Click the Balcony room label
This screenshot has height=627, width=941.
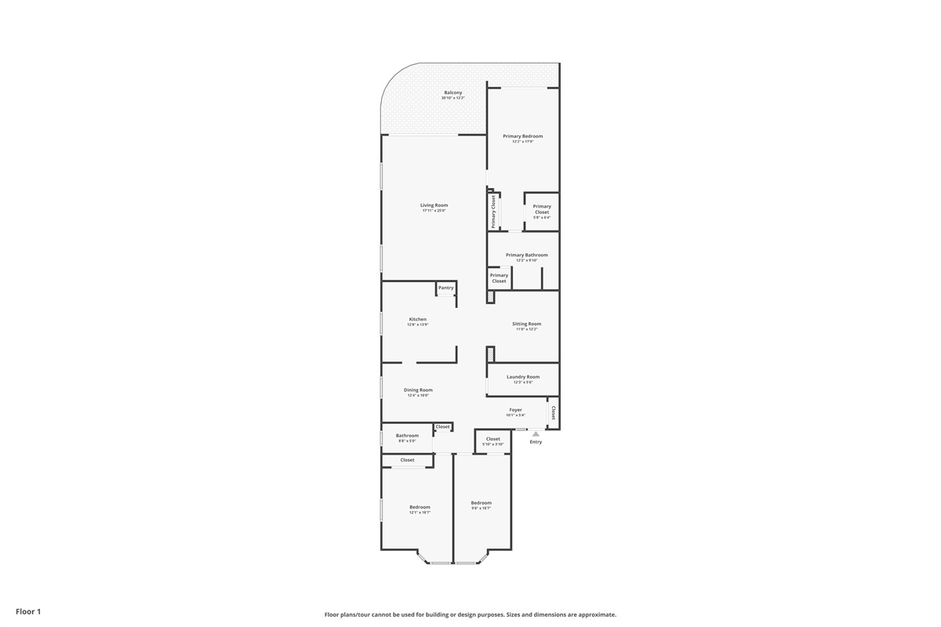(x=452, y=92)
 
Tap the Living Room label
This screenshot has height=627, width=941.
(x=434, y=205)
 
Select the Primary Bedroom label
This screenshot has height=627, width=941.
(x=522, y=136)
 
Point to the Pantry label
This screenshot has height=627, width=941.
(x=445, y=288)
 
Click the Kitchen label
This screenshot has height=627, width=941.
(x=418, y=319)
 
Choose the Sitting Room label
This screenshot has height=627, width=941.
(x=526, y=324)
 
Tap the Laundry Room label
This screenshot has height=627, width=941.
(x=523, y=377)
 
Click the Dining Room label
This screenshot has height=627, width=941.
(x=418, y=390)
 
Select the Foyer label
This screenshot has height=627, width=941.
(x=515, y=410)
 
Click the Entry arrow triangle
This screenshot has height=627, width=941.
(x=536, y=433)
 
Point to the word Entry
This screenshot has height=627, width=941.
(x=536, y=442)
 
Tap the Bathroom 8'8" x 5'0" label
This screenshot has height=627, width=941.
(x=407, y=436)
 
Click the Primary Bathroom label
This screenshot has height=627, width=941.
(x=526, y=255)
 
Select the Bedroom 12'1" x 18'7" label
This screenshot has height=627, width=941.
(x=420, y=507)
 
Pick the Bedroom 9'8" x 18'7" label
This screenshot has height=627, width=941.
(x=481, y=503)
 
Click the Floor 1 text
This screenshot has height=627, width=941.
(x=27, y=611)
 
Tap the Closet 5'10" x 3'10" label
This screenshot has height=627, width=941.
(x=492, y=440)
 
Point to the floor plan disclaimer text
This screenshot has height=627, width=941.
(x=470, y=614)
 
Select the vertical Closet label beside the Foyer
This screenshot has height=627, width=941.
(x=553, y=412)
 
